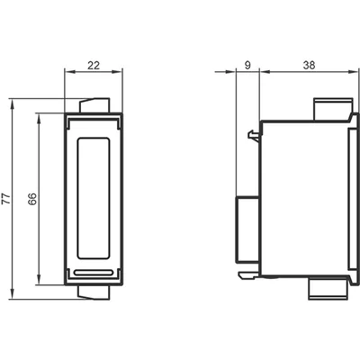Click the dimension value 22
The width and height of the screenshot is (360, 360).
(x=94, y=65)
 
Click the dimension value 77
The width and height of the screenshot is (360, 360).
(x=6, y=199)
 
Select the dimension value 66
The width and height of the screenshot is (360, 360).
(x=32, y=199)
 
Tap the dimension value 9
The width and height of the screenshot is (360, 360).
(x=247, y=65)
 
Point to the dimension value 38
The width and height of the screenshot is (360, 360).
(x=309, y=65)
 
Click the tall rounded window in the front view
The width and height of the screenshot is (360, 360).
(x=94, y=198)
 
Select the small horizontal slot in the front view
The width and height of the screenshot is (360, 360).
(x=94, y=273)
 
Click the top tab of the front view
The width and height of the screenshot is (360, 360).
(x=94, y=105)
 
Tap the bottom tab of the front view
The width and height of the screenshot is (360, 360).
(x=94, y=292)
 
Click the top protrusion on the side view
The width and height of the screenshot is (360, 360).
(x=333, y=109)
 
